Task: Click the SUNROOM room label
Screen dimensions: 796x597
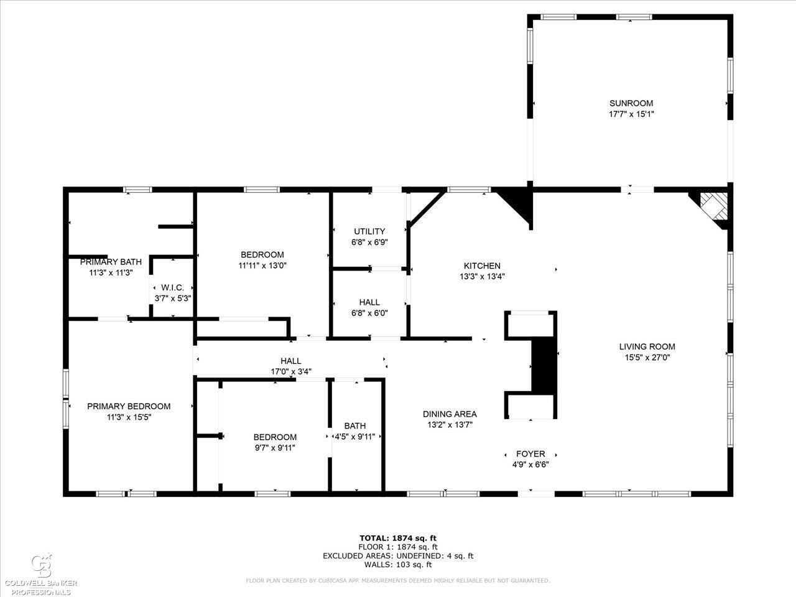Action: pos(631,103)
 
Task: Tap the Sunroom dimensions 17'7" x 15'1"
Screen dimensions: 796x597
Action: pos(631,114)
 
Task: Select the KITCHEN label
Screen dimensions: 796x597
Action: pos(482,266)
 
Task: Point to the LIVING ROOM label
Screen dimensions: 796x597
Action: pos(647,346)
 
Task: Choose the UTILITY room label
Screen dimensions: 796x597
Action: pos(369,231)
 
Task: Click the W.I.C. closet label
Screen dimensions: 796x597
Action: pos(173,287)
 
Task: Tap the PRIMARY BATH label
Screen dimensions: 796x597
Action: pos(111,262)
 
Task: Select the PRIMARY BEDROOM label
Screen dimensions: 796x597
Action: pos(129,406)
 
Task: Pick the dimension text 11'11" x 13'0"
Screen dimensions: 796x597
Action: pos(262,266)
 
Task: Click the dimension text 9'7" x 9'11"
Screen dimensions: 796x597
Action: pos(275,448)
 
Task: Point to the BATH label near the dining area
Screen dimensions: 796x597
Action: pos(355,426)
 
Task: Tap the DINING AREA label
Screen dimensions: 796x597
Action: pos(450,414)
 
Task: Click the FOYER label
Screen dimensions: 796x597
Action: pos(530,454)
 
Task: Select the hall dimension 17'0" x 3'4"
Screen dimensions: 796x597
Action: pos(291,371)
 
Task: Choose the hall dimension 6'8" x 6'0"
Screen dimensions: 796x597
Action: pos(369,313)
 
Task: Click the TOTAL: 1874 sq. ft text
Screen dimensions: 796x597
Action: pos(398,538)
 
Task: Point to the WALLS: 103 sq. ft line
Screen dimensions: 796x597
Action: pos(398,565)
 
